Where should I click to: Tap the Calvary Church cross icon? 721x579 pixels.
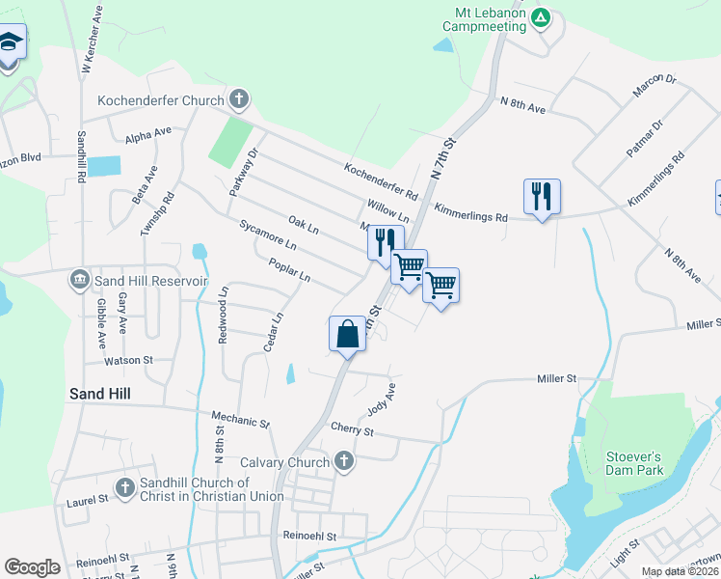pyautogui.click(x=344, y=462)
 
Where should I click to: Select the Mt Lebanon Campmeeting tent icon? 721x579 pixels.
pyautogui.click(x=542, y=17)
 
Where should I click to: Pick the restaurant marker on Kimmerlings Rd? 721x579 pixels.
pyautogui.click(x=542, y=197)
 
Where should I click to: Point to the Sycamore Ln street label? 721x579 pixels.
pyautogui.click(x=268, y=236)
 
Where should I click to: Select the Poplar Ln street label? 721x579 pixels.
pyautogui.click(x=290, y=271)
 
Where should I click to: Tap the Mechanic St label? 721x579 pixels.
pyautogui.click(x=241, y=421)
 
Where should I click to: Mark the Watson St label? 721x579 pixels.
pyautogui.click(x=129, y=360)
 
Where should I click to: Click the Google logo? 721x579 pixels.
pyautogui.click(x=32, y=566)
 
